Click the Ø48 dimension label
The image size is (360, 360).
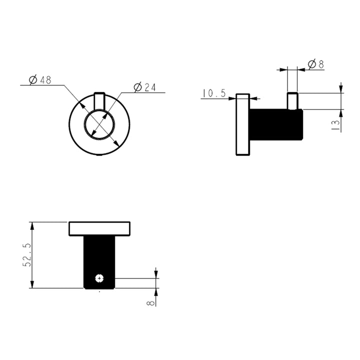tap(40, 80)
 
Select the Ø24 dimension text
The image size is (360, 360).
tap(145, 87)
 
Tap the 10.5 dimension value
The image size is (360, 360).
tap(214, 93)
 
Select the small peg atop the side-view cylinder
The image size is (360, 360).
tap(292, 100)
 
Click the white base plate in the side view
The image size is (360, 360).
tap(242, 124)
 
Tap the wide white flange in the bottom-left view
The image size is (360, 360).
tap(100, 228)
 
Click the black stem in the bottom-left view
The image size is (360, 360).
tap(100, 255)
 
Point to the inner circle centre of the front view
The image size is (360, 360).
tap(100, 124)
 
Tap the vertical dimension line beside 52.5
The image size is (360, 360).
tap(33, 255)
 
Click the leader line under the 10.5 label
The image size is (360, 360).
tap(215, 98)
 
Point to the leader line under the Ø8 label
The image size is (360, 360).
tap(315, 69)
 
